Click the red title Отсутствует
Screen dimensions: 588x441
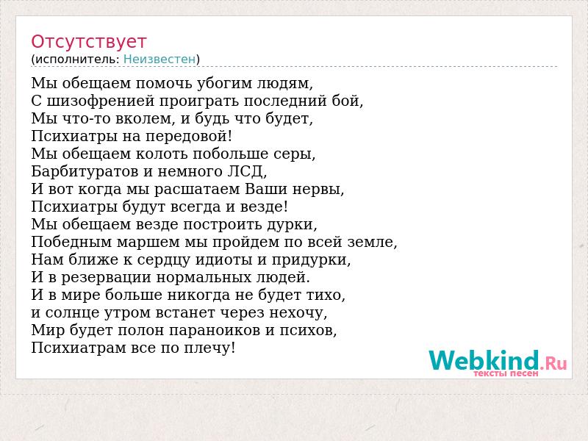tap(88, 42)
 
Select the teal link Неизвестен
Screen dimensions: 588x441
tap(159, 60)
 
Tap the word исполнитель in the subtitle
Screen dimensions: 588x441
tap(77, 60)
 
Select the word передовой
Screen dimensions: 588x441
tap(189, 137)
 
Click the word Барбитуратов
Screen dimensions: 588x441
tap(85, 172)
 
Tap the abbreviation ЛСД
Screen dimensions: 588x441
tap(247, 172)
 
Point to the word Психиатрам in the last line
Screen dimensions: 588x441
tap(79, 348)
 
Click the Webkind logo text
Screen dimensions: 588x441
tap(484, 360)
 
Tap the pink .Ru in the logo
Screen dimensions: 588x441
tap(553, 363)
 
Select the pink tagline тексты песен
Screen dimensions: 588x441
tap(506, 373)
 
